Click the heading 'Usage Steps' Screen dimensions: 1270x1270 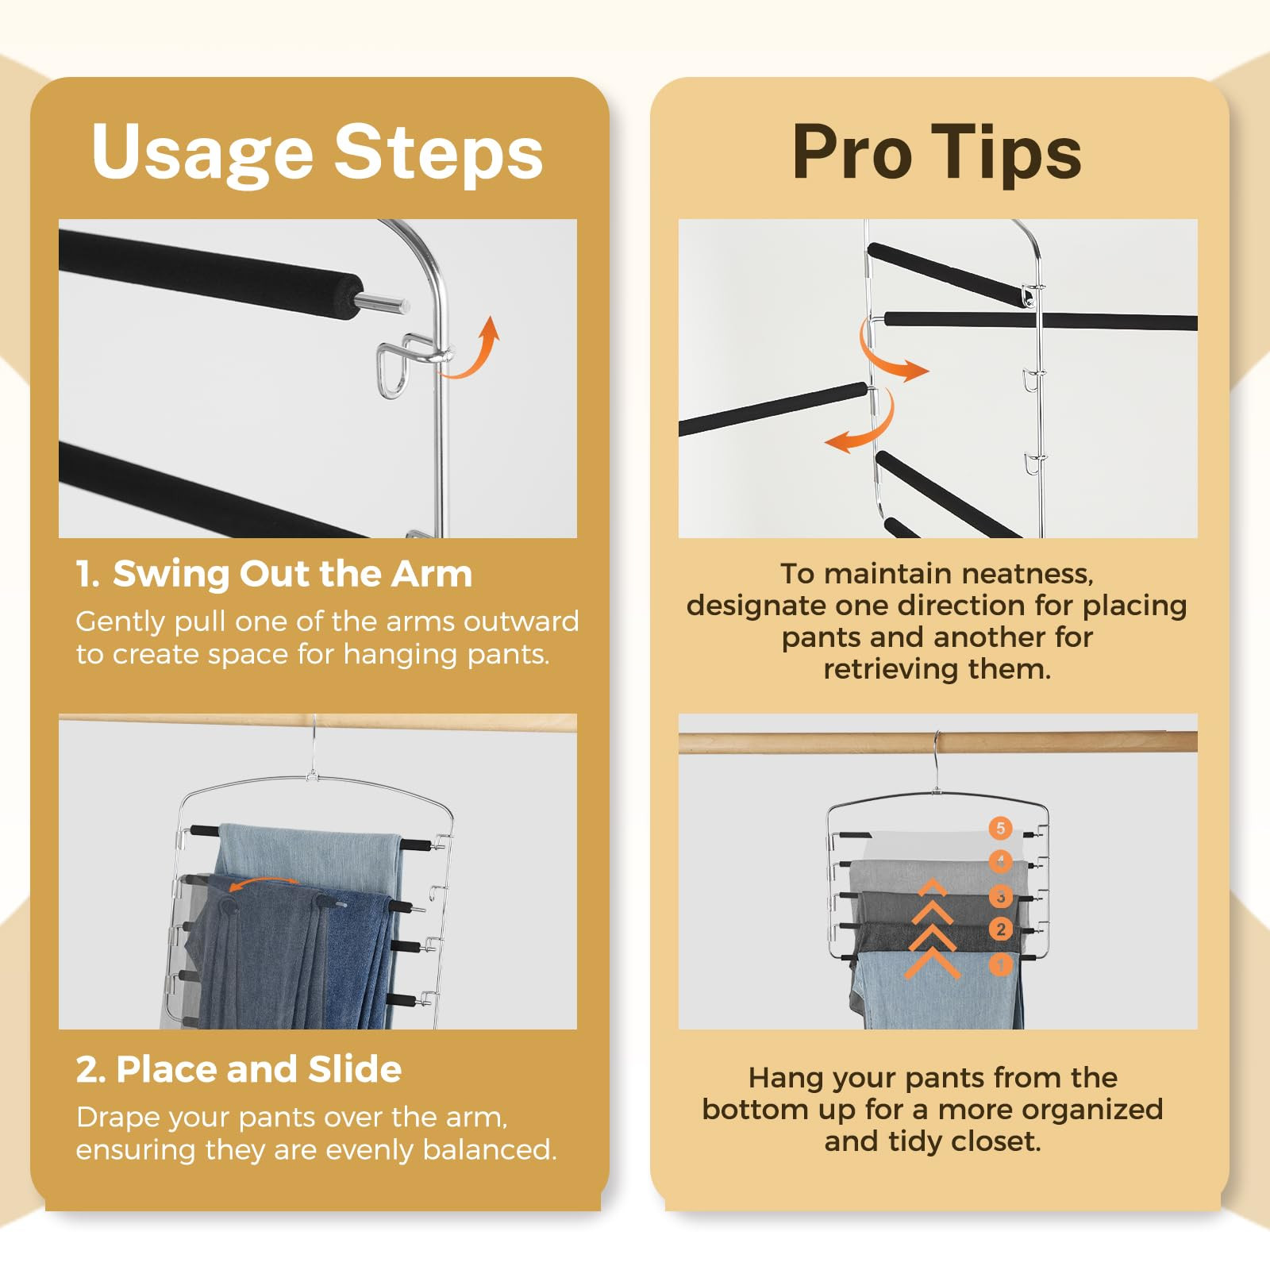coord(317,152)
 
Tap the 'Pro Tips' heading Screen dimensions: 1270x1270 coord(937,152)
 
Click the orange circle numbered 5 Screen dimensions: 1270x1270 coord(1000,828)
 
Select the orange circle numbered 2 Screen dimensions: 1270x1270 coord(1001,929)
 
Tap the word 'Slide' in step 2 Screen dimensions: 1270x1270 coord(355,1069)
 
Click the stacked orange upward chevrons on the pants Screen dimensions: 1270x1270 coord(933,927)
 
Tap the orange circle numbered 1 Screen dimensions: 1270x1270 coord(1001,964)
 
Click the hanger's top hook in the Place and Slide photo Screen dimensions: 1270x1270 coord(314,746)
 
